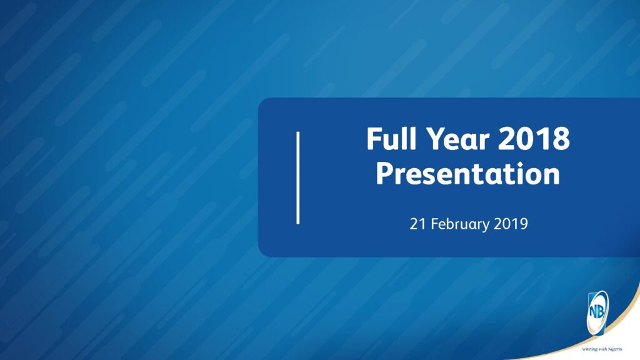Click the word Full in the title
pyautogui.click(x=392, y=138)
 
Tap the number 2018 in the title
pyautogui.click(x=534, y=138)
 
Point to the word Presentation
pyautogui.click(x=467, y=174)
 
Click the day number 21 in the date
pyautogui.click(x=417, y=224)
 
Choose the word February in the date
pyautogui.click(x=460, y=225)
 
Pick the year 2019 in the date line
pyautogui.click(x=511, y=224)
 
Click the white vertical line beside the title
pyautogui.click(x=298, y=177)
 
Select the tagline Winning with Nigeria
pyautogui.click(x=602, y=349)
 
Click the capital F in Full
pyautogui.click(x=374, y=138)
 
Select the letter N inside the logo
pyautogui.click(x=592, y=312)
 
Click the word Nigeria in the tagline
pyautogui.click(x=615, y=349)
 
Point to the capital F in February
pyautogui.click(x=434, y=224)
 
